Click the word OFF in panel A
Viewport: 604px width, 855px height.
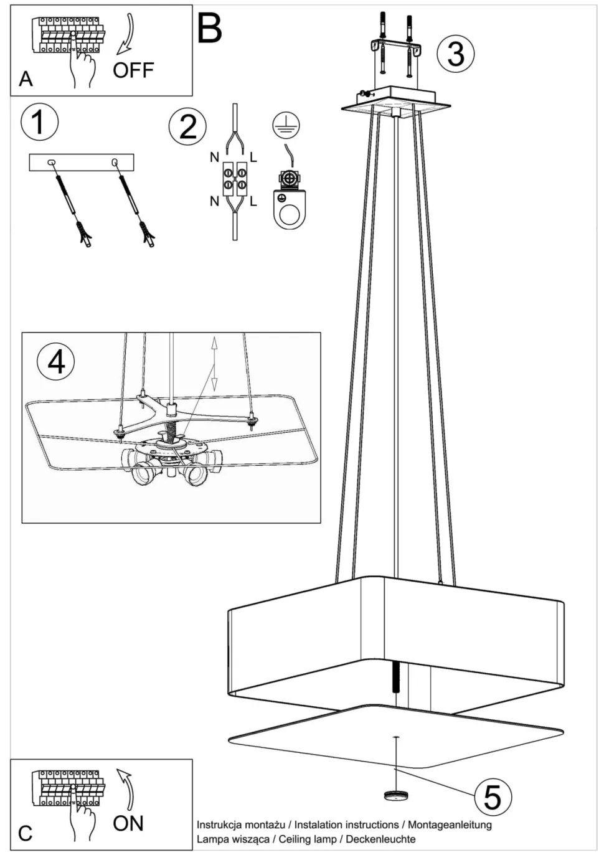coord(133,70)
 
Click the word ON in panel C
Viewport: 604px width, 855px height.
coord(128,823)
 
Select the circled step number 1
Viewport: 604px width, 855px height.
coord(39,122)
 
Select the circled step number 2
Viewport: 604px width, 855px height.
coord(187,126)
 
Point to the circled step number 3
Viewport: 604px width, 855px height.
coord(455,53)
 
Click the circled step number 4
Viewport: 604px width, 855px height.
coord(56,361)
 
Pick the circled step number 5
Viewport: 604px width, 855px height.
coord(492,796)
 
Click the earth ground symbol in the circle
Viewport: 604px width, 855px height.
coord(286,126)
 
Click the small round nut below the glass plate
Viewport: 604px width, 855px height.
coord(395,795)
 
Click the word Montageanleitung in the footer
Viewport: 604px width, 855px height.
coord(450,824)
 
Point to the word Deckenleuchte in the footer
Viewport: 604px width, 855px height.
coord(380,839)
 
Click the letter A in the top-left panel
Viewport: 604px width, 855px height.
coord(26,79)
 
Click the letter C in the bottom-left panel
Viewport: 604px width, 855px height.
coord(26,833)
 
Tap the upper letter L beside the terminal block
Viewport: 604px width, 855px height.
coord(253,158)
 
